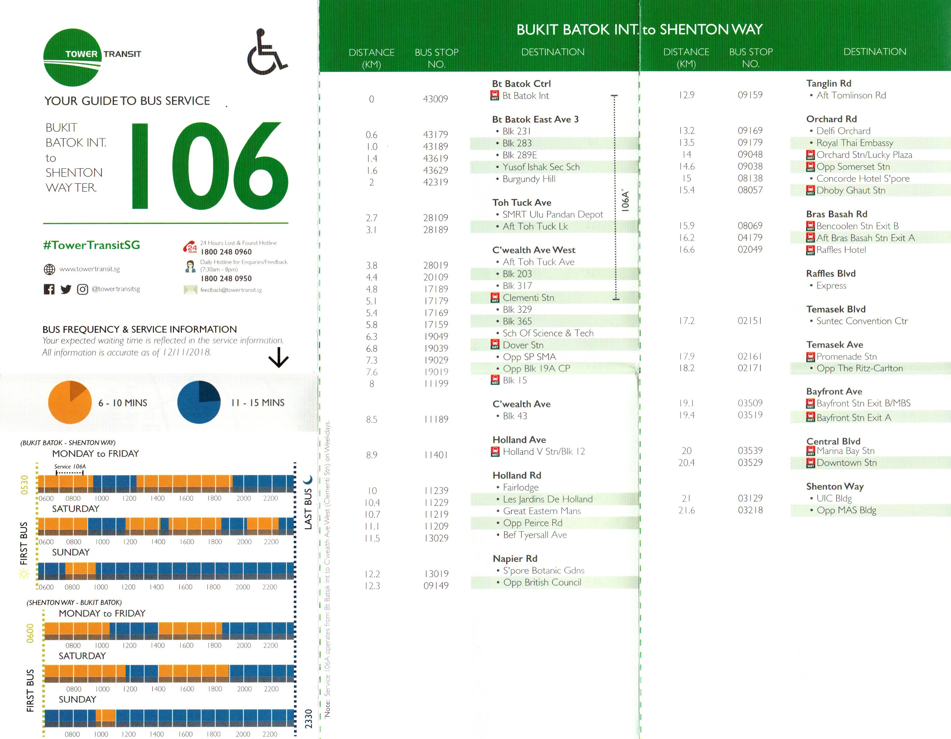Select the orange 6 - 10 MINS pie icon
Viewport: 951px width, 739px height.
[70, 402]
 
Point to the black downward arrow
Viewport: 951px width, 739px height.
[278, 358]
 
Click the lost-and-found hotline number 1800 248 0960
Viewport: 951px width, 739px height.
[226, 252]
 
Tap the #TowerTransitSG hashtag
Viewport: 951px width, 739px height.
[91, 245]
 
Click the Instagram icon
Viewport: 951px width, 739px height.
[82, 289]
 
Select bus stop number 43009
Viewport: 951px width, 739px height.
[435, 99]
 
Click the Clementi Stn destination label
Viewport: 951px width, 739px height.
[528, 297]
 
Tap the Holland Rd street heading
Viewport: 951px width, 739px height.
[517, 475]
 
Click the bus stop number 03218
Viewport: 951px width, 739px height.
[750, 510]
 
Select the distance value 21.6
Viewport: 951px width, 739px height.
[686, 510]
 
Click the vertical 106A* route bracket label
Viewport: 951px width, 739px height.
[625, 200]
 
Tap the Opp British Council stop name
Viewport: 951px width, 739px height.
[542, 582]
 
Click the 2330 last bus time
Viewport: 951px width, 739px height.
[308, 719]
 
